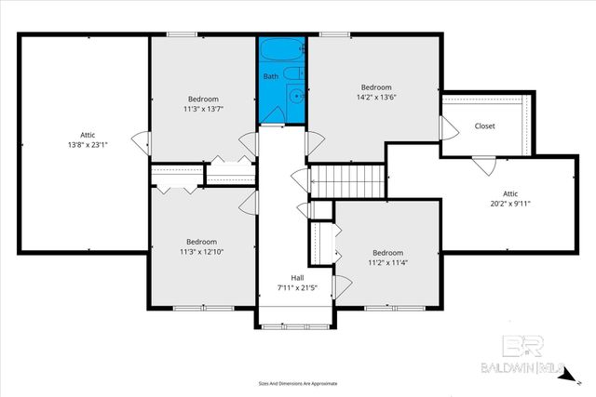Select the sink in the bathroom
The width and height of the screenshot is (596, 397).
tap(296, 95)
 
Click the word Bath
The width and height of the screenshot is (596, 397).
tap(269, 76)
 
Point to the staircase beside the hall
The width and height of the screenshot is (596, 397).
tap(347, 180)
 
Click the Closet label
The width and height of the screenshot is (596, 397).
tap(484, 126)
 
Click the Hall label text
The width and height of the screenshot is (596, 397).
tap(297, 277)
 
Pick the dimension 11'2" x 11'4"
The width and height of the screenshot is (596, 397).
tap(387, 263)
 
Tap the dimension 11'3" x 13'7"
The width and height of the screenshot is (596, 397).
tap(203, 109)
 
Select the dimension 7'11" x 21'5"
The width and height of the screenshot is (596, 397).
tap(297, 287)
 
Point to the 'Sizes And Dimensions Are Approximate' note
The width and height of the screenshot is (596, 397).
tap(297, 383)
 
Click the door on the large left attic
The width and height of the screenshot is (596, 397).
tap(142, 144)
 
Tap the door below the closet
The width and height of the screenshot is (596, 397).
tap(482, 165)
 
